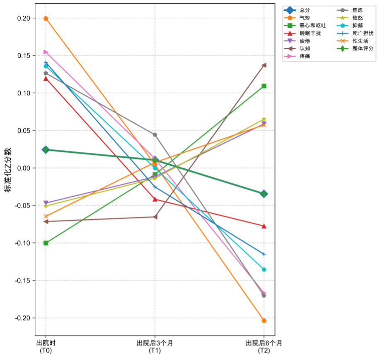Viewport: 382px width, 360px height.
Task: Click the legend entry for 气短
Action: coord(305,18)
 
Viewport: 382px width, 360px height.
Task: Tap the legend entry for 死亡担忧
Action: coord(363,33)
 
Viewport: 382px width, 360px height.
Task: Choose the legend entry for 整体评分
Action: coord(363,48)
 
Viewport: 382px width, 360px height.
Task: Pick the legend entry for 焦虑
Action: coord(357,10)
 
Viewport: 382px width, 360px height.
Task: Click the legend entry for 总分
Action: coord(305,10)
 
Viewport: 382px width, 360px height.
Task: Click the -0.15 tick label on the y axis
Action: coord(23,281)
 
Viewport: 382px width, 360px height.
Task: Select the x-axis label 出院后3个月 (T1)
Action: coord(155,347)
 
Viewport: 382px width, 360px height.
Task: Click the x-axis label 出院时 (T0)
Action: coord(46,347)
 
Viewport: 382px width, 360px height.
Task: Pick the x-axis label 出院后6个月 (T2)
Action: coord(264,347)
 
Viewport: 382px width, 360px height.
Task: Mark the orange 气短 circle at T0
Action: coord(46,19)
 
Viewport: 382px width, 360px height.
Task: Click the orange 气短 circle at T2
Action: coord(264,321)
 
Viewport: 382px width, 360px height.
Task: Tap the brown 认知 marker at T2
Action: coord(264,65)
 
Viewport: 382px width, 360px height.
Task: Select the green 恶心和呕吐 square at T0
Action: coord(46,243)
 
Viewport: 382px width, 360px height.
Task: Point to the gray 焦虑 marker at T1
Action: coord(155,134)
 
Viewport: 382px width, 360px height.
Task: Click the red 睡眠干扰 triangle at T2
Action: coord(264,226)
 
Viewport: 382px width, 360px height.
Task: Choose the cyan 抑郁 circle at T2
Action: coord(264,270)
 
